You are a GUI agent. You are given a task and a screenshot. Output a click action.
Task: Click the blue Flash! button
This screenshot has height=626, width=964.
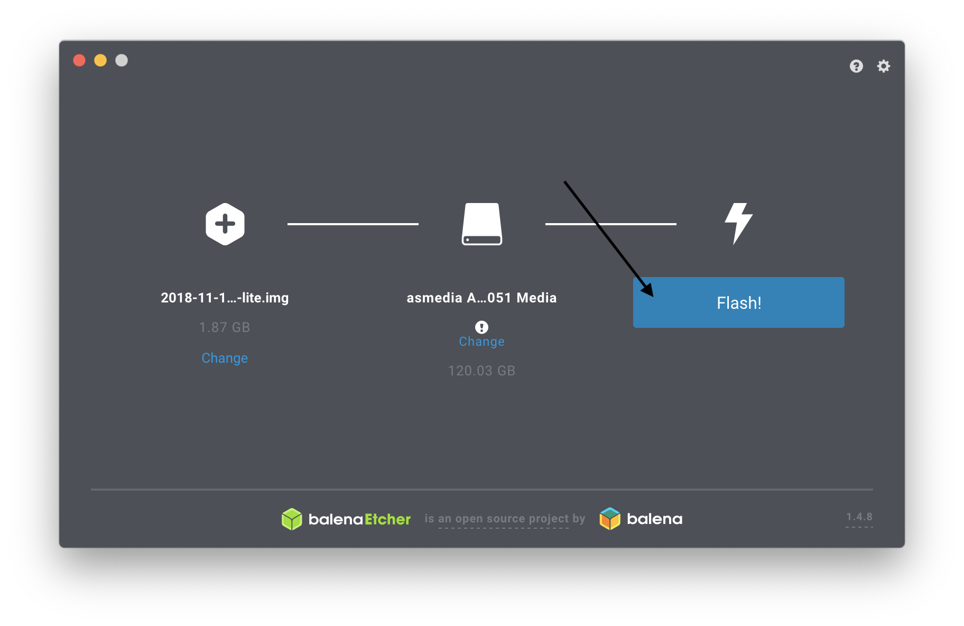tap(738, 302)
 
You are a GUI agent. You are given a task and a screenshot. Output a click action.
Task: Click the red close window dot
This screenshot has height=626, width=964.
tap(79, 60)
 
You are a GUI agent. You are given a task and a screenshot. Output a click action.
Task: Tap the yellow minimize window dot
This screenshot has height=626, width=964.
tap(100, 60)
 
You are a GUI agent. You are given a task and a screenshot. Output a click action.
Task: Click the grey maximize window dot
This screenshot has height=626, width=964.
tap(122, 60)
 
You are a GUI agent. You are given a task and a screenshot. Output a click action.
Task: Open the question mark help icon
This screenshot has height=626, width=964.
tap(856, 66)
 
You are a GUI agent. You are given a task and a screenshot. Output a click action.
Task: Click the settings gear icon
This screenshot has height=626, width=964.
tap(884, 66)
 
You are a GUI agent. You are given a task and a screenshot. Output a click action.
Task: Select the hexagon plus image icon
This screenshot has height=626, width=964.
tap(225, 224)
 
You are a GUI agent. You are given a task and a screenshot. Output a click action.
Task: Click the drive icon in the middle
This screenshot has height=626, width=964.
tap(481, 224)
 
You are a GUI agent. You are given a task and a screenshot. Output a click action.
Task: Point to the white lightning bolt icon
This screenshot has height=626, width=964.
tap(738, 223)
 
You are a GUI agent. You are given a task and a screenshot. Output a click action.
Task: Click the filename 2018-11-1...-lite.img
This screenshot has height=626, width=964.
tap(225, 298)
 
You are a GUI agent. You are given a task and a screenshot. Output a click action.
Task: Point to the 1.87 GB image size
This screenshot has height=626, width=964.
tap(225, 328)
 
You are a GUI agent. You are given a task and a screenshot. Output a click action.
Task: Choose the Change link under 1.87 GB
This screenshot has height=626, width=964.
tap(225, 358)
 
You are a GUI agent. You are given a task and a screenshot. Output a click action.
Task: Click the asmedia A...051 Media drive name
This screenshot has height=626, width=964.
tap(481, 298)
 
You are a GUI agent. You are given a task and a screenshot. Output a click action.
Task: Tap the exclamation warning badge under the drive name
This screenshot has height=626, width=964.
tap(481, 327)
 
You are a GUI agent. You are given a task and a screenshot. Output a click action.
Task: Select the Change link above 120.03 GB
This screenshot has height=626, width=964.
tap(481, 342)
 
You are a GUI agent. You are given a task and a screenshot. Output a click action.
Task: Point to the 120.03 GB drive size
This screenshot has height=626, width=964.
tap(481, 371)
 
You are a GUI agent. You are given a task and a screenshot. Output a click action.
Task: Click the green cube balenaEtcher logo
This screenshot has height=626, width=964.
tap(292, 519)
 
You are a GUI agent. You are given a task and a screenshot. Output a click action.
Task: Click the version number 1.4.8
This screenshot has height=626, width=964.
tap(859, 517)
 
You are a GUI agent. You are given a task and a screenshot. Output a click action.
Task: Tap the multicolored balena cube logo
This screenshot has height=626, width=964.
tap(610, 519)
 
